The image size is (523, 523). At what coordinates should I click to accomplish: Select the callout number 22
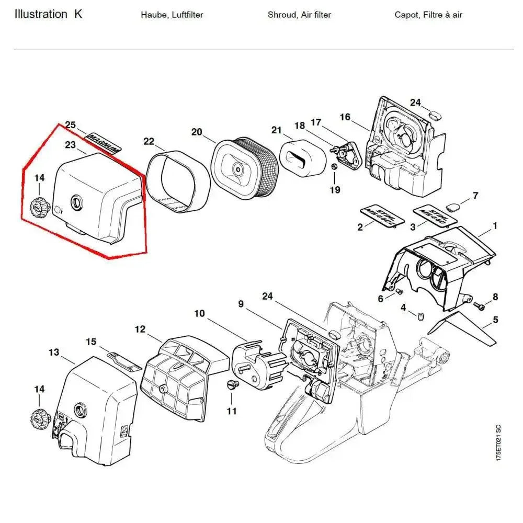coord(149,141)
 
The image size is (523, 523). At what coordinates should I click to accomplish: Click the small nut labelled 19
coord(334,167)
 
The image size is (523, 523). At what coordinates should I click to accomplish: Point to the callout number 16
coord(345,117)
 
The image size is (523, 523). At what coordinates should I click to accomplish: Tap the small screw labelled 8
coord(479,305)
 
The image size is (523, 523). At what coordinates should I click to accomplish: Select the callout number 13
coord(54,352)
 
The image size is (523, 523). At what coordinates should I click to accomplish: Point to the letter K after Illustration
coord(78,14)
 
